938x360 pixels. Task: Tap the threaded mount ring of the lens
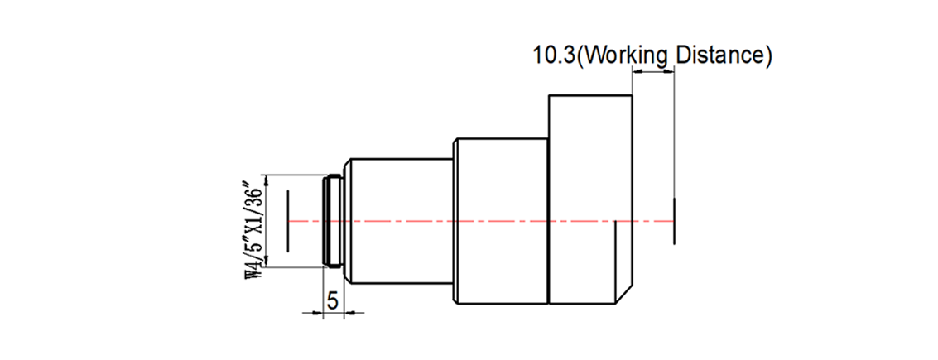coord(331,221)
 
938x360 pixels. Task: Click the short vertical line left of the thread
coord(287,221)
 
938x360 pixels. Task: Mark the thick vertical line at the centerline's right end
coord(675,221)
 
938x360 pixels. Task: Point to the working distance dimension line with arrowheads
coord(654,71)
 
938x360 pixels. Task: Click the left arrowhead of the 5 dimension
coord(315,312)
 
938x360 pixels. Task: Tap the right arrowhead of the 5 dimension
coord(349,312)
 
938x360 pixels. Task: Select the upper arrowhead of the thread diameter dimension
coord(266,179)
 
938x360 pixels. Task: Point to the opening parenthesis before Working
coord(580,56)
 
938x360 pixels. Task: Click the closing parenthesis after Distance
coord(768,56)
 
